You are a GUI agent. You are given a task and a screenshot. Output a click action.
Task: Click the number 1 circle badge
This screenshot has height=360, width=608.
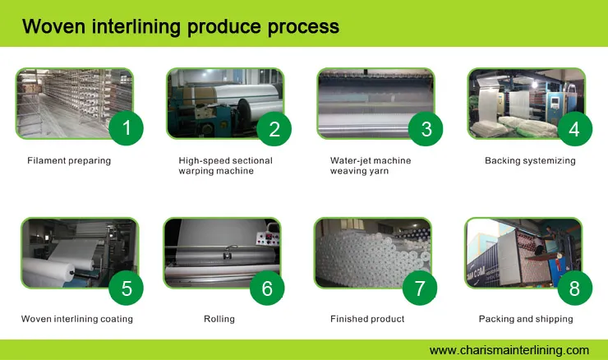126,127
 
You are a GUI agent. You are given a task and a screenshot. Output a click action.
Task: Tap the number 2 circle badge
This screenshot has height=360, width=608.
274,127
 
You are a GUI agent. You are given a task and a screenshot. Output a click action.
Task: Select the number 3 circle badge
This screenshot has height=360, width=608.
426,127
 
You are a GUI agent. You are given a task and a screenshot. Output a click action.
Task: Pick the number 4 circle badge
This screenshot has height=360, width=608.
574,127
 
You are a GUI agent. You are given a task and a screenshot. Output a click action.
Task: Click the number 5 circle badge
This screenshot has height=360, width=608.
126,288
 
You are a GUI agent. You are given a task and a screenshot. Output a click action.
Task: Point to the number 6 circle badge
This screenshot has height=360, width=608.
267,288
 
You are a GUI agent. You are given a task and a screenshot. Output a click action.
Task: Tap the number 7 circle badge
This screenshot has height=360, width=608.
420,288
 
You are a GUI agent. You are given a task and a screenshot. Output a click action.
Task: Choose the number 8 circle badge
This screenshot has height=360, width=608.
574,288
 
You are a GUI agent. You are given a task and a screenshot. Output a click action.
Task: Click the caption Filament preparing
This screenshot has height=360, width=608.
69,161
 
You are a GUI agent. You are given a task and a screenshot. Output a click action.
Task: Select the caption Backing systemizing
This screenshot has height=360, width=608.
530,161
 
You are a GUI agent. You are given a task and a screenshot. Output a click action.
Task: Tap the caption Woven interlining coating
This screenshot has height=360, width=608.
76,319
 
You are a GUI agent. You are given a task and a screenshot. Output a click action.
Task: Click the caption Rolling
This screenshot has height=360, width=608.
219,319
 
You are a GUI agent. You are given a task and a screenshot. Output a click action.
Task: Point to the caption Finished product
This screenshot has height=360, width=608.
367,319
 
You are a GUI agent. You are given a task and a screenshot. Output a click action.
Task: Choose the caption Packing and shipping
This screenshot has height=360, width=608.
526,319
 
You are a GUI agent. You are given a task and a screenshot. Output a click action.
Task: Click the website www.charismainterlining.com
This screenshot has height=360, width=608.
509,349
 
